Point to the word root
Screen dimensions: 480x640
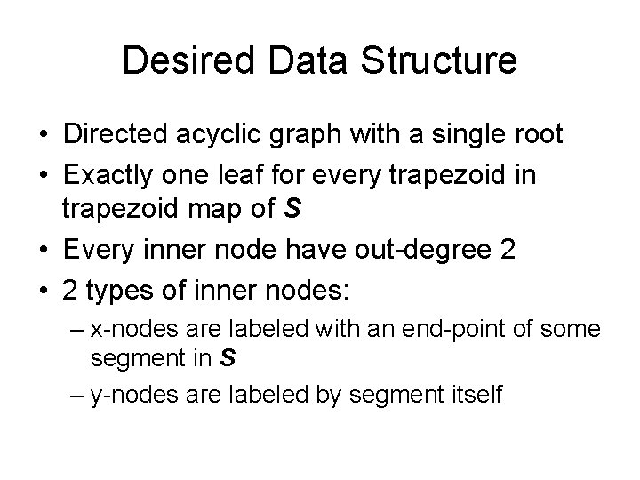tap(536, 135)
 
